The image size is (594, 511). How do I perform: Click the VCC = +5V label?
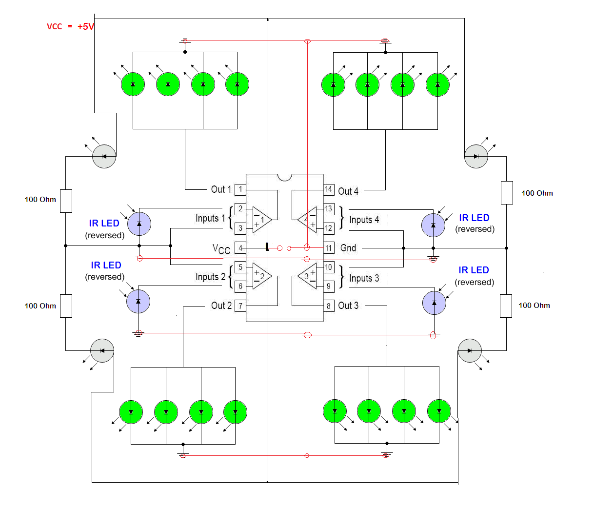coord(70,26)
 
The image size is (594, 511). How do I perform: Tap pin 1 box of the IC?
coord(240,189)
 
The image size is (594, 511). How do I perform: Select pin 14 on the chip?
coord(329,189)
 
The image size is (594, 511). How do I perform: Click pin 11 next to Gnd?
coord(329,248)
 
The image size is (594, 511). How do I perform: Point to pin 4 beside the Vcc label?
coord(240,248)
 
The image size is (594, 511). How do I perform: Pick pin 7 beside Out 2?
coord(240,306)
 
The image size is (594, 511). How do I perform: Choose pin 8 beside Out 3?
coord(329,306)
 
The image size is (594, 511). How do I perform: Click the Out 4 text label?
coord(348,191)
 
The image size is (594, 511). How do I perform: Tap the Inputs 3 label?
coord(364,278)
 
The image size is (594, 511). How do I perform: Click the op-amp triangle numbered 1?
coord(261,220)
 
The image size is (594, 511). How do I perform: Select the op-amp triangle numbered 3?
coord(308,276)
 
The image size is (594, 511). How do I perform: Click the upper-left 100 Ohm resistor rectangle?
coord(66,201)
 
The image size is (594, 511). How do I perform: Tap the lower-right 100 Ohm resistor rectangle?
coord(506,306)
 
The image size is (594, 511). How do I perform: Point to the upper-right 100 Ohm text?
coord(537,193)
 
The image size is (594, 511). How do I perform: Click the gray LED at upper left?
coord(104,157)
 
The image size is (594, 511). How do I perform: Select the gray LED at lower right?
coord(470,351)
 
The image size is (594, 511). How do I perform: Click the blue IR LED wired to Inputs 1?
coord(139,224)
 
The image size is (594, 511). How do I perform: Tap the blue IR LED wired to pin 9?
coord(434,303)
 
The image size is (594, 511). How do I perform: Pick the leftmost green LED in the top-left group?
coord(133,84)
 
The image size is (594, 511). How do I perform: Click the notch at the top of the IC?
coord(285,178)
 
